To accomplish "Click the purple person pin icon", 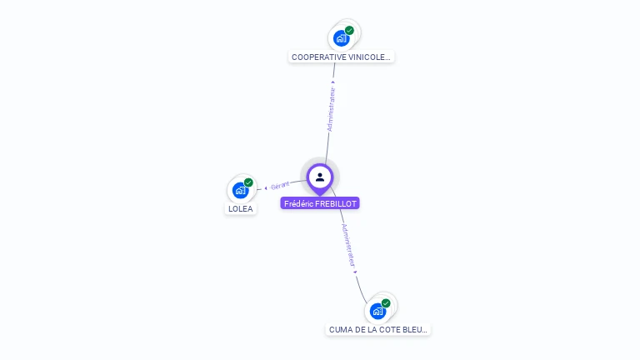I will pos(320,177).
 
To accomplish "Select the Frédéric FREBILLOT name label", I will pos(320,203).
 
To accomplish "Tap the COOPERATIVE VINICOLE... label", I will pos(341,57).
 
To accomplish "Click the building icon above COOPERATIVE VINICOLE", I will pos(340,38).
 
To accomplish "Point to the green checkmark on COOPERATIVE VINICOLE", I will pos(349,31).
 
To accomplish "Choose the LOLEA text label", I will pos(240,209).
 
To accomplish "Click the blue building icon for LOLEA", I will pos(240,190).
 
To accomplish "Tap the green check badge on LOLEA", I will pos(248,182).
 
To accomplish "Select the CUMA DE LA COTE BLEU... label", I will pos(378,330).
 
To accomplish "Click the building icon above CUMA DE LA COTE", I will pos(377,311).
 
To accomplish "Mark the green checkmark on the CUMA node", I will pos(386,303).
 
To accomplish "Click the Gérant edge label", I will pos(280,186).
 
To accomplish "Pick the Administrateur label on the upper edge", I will pos(331,108).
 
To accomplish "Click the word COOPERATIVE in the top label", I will pos(317,57).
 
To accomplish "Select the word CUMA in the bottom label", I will pos(339,330).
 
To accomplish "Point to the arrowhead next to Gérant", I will pos(265,188).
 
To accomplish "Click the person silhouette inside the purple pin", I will pos(320,176).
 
